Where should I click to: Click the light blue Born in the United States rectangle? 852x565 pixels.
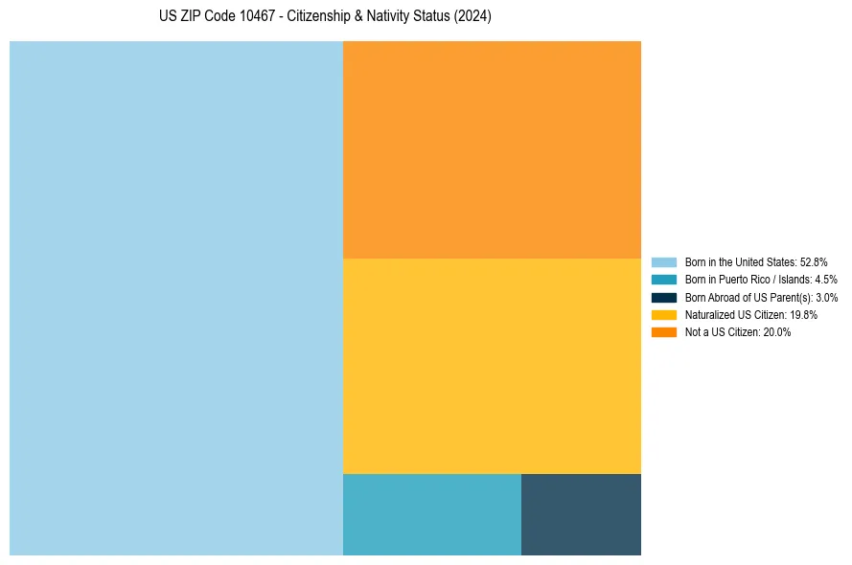pyautogui.click(x=176, y=298)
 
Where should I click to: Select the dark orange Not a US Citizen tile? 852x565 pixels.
pyautogui.click(x=492, y=149)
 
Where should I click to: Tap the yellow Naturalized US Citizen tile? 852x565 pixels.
pyautogui.click(x=492, y=366)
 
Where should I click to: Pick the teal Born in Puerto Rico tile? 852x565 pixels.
pyautogui.click(x=431, y=514)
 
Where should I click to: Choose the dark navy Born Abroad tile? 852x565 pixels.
pyautogui.click(x=581, y=514)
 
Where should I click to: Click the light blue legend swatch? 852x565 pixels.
pyautogui.click(x=664, y=261)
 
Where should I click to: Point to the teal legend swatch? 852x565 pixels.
pyautogui.click(x=664, y=280)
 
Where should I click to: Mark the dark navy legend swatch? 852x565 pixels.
pyautogui.click(x=664, y=297)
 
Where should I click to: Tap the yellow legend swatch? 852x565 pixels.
pyautogui.click(x=664, y=314)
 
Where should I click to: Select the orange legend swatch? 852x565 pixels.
pyautogui.click(x=664, y=332)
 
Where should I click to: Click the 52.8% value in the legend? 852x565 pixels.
pyautogui.click(x=814, y=261)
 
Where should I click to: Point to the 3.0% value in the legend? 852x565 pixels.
pyautogui.click(x=826, y=298)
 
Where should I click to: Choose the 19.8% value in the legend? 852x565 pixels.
pyautogui.click(x=803, y=315)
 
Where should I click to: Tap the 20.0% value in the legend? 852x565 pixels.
pyautogui.click(x=777, y=332)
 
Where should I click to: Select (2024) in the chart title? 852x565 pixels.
pyautogui.click(x=473, y=16)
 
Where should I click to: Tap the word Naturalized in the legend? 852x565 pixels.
pyautogui.click(x=706, y=315)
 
